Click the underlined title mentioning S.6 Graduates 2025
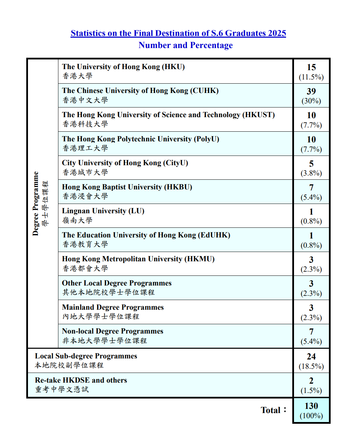point(178,33)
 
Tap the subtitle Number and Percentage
point(186,45)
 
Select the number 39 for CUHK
point(311,91)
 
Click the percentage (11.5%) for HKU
point(311,77)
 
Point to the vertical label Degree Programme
point(36,204)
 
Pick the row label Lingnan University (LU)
point(103,211)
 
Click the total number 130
point(311,406)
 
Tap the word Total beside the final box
point(271,410)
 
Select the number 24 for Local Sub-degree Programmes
point(311,356)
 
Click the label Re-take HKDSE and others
point(81,380)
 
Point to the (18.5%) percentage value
point(311,366)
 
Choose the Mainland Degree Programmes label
point(113,307)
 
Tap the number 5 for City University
point(311,163)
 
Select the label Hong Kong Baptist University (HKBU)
point(127,187)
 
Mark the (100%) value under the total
point(311,415)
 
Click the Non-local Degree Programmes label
point(113,331)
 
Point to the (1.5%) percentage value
point(311,391)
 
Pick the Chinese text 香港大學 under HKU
point(77,76)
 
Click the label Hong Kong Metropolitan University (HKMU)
point(138,259)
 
